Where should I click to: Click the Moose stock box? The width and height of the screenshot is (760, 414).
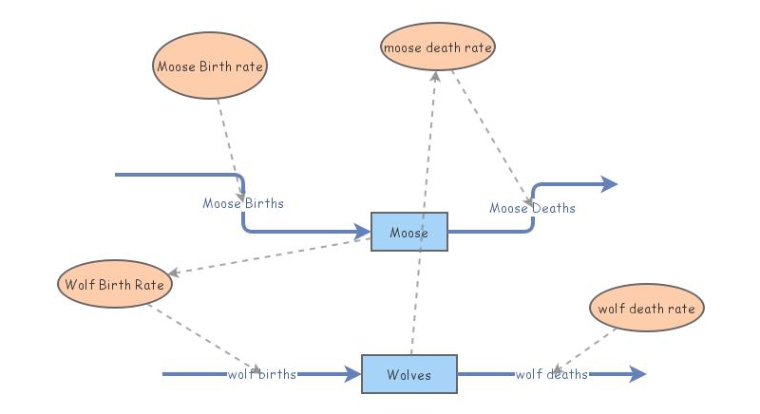pos(408,232)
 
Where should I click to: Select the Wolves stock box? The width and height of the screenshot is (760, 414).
pos(408,374)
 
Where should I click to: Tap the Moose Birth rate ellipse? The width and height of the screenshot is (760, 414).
pos(209,66)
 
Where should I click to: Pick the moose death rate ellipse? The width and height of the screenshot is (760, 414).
pos(438,46)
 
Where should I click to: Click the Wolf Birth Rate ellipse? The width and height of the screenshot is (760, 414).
pos(114,284)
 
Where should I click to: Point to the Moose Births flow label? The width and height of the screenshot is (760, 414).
pos(243,203)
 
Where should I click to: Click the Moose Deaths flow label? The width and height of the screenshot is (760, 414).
pos(532,208)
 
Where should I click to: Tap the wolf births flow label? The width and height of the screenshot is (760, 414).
pos(262,374)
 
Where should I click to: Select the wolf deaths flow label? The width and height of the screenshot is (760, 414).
pos(551,374)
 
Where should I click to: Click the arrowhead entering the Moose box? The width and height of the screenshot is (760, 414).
pos(363,232)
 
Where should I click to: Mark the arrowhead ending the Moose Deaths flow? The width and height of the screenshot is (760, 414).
pos(609,184)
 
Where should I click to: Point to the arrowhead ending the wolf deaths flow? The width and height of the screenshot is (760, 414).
pos(637,374)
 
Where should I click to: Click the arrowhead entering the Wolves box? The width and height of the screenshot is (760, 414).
pos(353,374)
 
